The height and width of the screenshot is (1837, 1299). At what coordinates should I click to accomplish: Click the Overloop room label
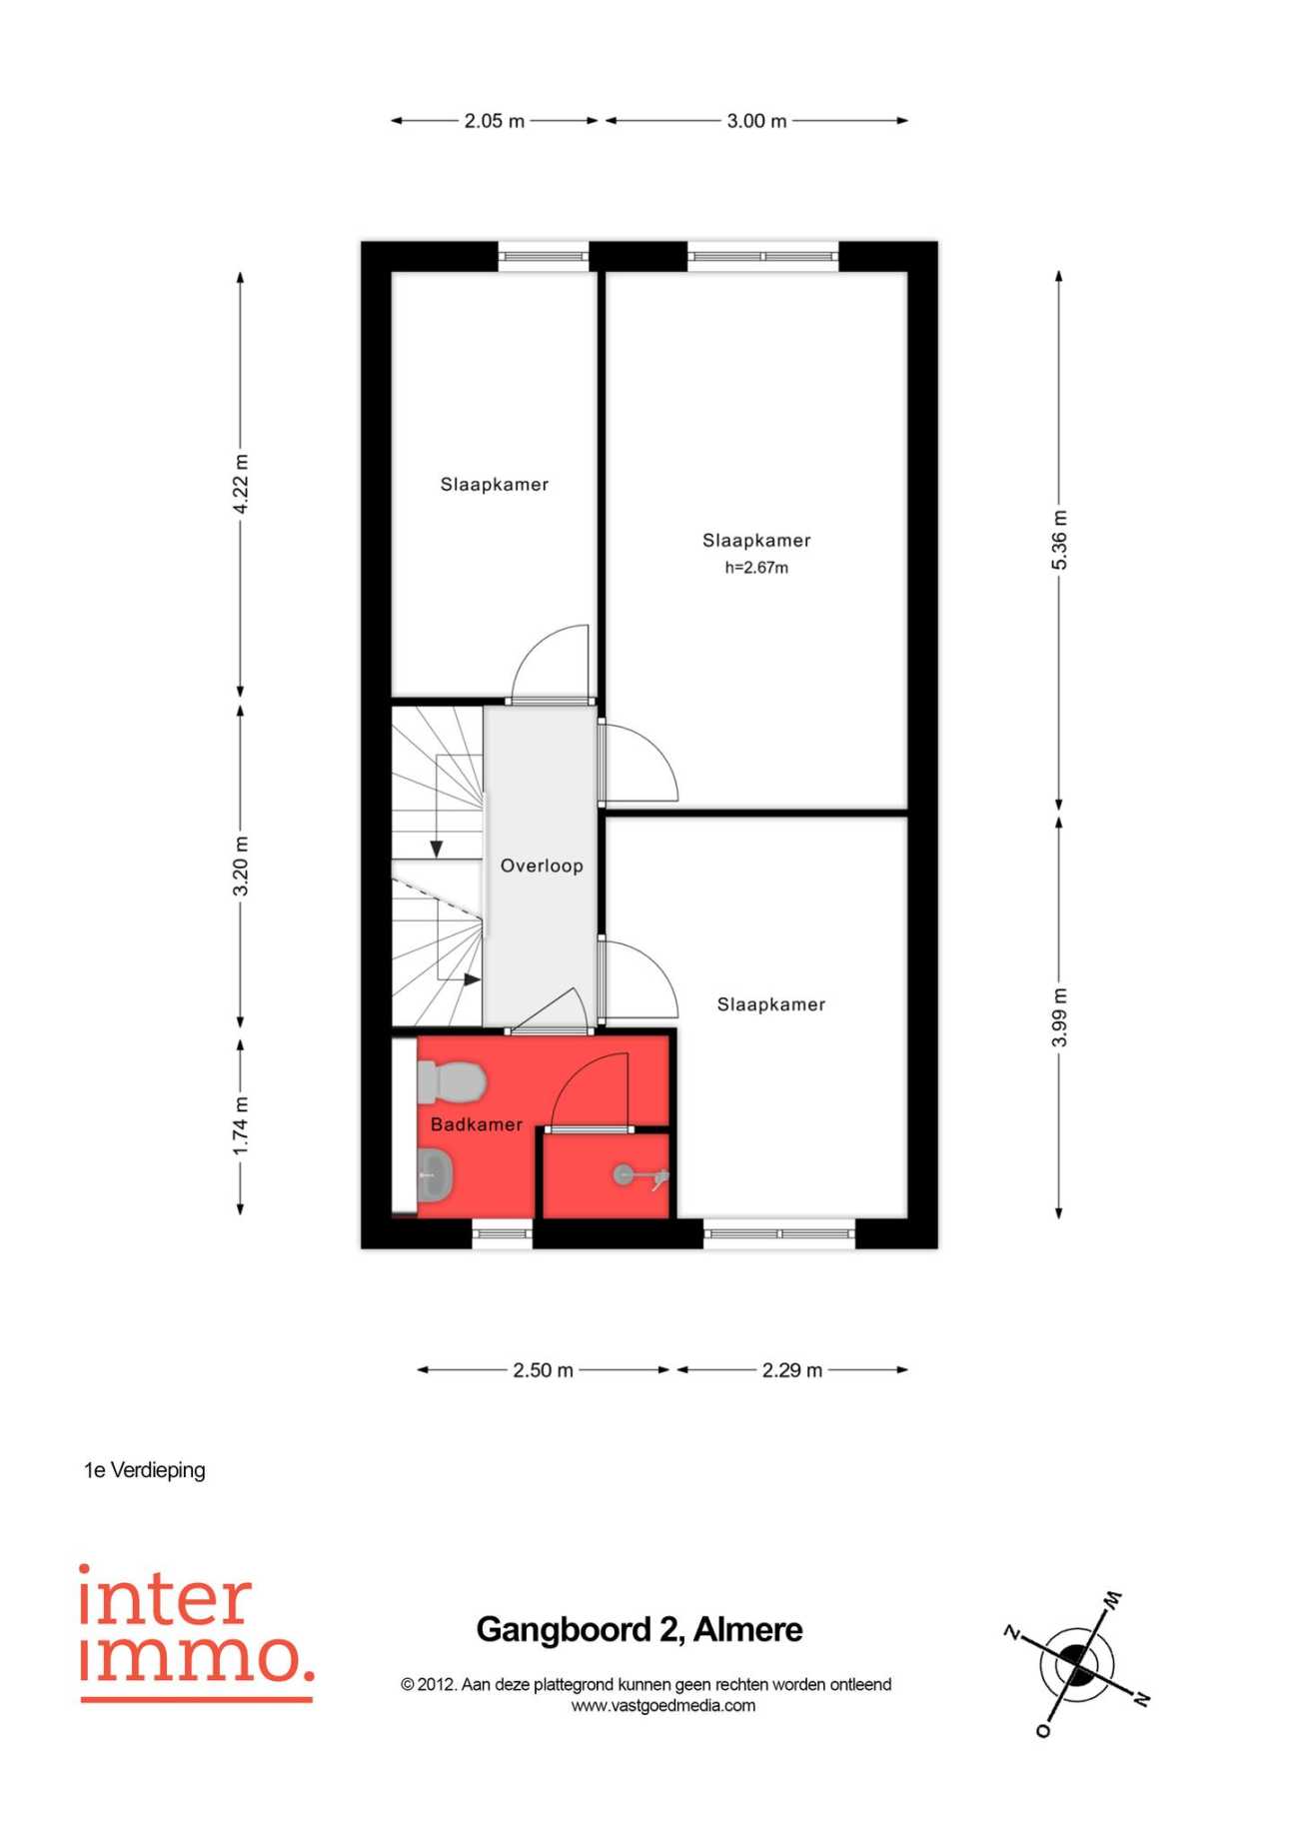coord(542,866)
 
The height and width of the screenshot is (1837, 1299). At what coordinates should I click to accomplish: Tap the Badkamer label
coord(477,1124)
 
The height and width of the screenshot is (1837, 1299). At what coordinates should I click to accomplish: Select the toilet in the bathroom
coord(452,1081)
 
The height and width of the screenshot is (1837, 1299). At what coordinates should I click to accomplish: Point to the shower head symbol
coord(641,1176)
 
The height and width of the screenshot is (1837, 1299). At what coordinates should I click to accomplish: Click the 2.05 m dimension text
coord(494,121)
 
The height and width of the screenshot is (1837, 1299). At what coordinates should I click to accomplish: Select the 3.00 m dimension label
coord(756,121)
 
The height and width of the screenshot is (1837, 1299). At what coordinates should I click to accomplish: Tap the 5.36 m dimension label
coord(1060,540)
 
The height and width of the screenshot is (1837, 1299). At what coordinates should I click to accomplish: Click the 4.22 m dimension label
coord(241,484)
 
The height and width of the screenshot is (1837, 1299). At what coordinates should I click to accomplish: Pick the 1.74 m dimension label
coord(241,1125)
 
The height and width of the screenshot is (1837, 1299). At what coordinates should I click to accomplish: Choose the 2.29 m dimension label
coord(792,1370)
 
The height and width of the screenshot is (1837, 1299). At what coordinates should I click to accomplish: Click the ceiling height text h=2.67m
coord(756,568)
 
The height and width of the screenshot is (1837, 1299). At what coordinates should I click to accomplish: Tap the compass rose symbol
coord(1077,1664)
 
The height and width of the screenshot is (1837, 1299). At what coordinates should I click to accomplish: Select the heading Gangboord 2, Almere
coord(640,1629)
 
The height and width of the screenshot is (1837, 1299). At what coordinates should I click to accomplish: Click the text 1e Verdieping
coord(145,1470)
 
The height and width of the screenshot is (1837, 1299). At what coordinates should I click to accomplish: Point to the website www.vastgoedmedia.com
coord(663,1706)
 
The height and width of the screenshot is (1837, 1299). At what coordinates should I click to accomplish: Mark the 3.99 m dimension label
coord(1060,1017)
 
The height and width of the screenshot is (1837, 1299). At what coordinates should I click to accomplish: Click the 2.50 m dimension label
coord(543,1370)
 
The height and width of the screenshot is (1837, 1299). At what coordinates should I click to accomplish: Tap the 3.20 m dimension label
coord(241,866)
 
